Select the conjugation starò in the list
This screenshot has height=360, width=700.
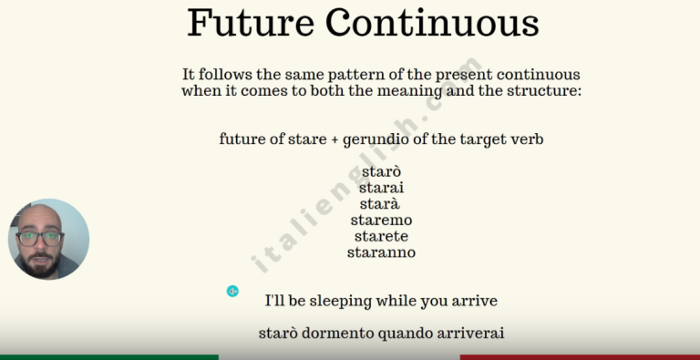coord(381,171)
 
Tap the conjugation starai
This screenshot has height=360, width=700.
coord(381,188)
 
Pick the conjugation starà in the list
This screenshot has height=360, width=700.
coord(381,204)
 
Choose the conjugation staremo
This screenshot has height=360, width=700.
coord(381,220)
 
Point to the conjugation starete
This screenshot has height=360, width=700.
coord(381,236)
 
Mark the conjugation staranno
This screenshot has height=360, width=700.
coord(381,252)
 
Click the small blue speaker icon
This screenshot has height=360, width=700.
coord(232,291)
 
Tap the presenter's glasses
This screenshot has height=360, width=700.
coord(40,238)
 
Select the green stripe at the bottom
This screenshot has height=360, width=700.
coord(109,356)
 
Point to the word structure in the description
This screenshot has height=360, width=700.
coord(540,91)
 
